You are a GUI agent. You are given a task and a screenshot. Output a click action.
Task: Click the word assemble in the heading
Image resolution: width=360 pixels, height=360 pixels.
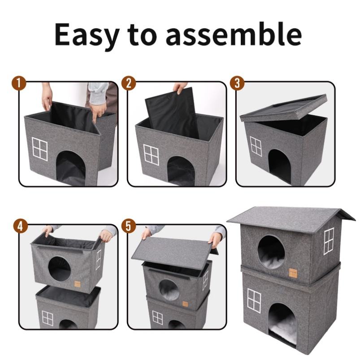pyautogui.click(x=234, y=34)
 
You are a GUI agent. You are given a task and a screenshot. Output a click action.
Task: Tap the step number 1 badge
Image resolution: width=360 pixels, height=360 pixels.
pyautogui.click(x=19, y=83)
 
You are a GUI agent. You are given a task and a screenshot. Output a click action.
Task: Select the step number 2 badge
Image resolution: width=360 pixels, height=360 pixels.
pyautogui.click(x=129, y=83)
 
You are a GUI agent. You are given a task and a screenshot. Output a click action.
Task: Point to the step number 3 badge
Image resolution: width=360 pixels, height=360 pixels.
pyautogui.click(x=237, y=83)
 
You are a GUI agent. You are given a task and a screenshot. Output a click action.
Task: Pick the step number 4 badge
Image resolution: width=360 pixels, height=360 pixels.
pyautogui.click(x=21, y=226)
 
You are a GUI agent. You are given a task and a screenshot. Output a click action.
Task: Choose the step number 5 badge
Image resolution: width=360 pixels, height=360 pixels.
pyautogui.click(x=129, y=226)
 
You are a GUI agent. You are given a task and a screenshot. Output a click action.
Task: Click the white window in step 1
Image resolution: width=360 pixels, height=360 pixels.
pyautogui.click(x=40, y=149)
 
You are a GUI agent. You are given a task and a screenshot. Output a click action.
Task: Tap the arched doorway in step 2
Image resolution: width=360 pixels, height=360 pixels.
pyautogui.click(x=181, y=171)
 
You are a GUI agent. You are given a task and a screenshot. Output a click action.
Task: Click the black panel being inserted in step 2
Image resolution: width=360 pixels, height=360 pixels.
pyautogui.click(x=172, y=113)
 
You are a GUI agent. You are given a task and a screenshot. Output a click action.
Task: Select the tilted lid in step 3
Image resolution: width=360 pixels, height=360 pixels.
pyautogui.click(x=283, y=108)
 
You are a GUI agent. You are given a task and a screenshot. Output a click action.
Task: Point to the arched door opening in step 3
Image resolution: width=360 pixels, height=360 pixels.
pyautogui.click(x=280, y=167)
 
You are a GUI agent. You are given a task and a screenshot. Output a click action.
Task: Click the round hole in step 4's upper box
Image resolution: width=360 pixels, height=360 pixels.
pyautogui.click(x=60, y=269)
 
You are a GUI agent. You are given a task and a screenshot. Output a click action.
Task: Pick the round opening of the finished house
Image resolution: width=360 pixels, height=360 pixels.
pyautogui.click(x=271, y=252)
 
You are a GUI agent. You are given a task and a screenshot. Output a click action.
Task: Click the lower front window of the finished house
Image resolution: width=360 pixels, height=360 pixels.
pyautogui.click(x=254, y=300)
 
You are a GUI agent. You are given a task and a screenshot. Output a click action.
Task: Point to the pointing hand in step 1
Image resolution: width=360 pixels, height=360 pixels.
pyautogui.click(x=98, y=113)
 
